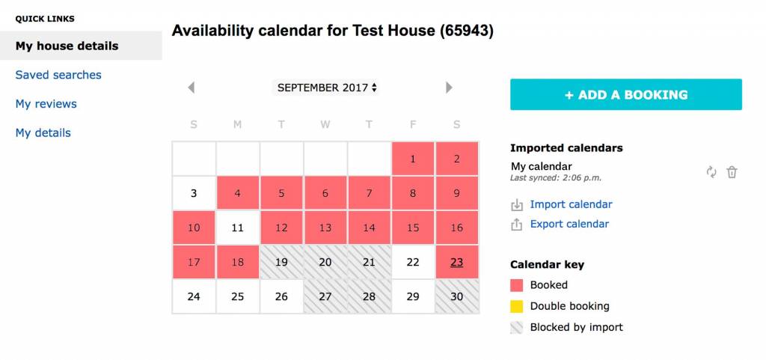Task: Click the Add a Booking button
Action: point(626,94)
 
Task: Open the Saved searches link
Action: point(58,75)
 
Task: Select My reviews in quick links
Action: point(46,103)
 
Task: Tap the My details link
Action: point(43,133)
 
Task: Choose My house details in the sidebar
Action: point(67,46)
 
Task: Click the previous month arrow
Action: point(191,88)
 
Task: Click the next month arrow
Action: point(449,88)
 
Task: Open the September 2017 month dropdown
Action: point(325,88)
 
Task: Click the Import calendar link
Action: point(571,204)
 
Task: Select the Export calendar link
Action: point(569,224)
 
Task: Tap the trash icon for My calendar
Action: point(732,172)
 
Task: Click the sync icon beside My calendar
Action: point(711,172)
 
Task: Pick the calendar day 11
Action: point(237,228)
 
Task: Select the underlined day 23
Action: point(457,262)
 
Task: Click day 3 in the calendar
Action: point(194,193)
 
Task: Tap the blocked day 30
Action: point(457,296)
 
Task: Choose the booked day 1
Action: point(413,159)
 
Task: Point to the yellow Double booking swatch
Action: point(516,306)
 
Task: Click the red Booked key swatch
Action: point(516,285)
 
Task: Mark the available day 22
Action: point(413,262)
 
